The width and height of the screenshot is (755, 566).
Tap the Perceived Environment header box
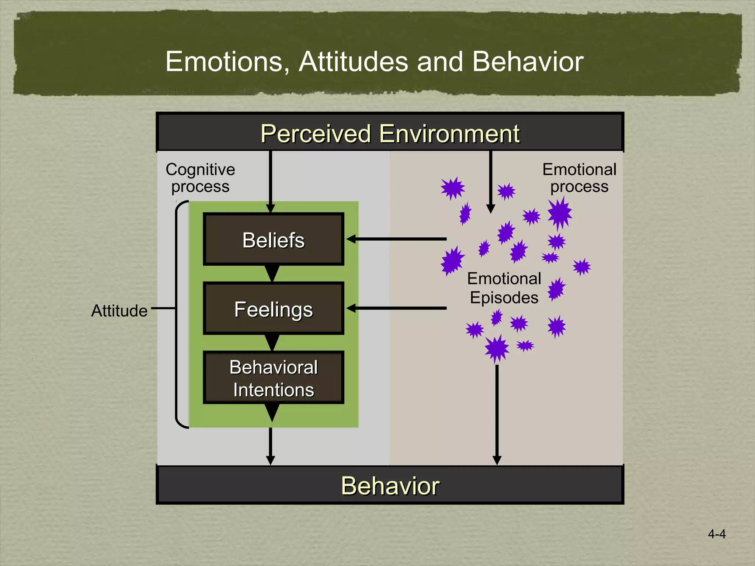tap(390, 133)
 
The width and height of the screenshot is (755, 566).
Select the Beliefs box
tap(273, 240)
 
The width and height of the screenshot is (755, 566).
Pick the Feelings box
tap(273, 309)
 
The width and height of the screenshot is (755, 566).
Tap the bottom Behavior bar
tap(390, 485)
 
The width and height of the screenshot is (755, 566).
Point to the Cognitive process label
tap(200, 178)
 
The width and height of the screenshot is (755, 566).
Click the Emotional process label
tap(579, 178)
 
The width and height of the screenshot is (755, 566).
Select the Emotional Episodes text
tap(504, 288)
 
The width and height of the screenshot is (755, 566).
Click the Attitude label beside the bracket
tap(119, 311)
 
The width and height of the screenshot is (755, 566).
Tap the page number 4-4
tap(716, 534)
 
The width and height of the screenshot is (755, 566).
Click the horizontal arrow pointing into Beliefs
tap(396, 239)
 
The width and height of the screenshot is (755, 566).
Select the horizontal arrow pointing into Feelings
tap(396, 308)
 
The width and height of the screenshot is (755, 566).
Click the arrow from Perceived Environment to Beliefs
tap(271, 181)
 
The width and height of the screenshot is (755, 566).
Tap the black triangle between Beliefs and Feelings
tap(272, 273)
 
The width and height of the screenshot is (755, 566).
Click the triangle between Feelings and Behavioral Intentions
tap(272, 342)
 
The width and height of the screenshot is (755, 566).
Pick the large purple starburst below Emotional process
tap(560, 213)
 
